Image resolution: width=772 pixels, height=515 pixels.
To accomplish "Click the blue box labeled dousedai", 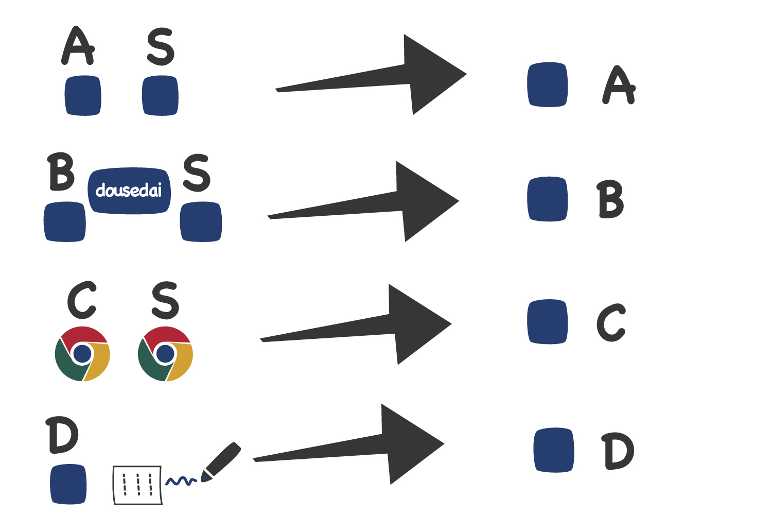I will (x=129, y=191).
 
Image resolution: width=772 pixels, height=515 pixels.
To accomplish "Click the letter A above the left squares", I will (x=78, y=46).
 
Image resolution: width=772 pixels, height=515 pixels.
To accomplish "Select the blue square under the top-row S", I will (x=160, y=96).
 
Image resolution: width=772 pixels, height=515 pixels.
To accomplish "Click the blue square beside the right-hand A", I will (x=548, y=84).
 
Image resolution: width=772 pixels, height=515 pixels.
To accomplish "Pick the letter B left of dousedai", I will (x=61, y=172).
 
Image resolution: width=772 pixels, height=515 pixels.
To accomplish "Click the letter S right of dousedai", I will (x=197, y=173).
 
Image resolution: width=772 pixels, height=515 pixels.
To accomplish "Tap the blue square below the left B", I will (x=65, y=221).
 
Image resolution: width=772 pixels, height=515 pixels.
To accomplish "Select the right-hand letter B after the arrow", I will (x=611, y=200).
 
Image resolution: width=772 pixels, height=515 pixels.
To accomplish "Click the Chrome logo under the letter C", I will (x=82, y=354).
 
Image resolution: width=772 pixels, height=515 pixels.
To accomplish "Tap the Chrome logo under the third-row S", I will (x=165, y=354).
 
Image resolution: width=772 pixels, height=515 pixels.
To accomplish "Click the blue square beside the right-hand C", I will (x=548, y=322).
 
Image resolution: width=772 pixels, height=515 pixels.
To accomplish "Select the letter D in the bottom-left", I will (x=62, y=436).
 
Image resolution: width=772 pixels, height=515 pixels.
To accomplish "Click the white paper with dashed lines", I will (x=137, y=485).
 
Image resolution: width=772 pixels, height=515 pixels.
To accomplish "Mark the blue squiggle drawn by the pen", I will (x=181, y=482).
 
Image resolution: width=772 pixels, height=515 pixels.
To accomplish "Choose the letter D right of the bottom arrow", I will (x=618, y=451).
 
